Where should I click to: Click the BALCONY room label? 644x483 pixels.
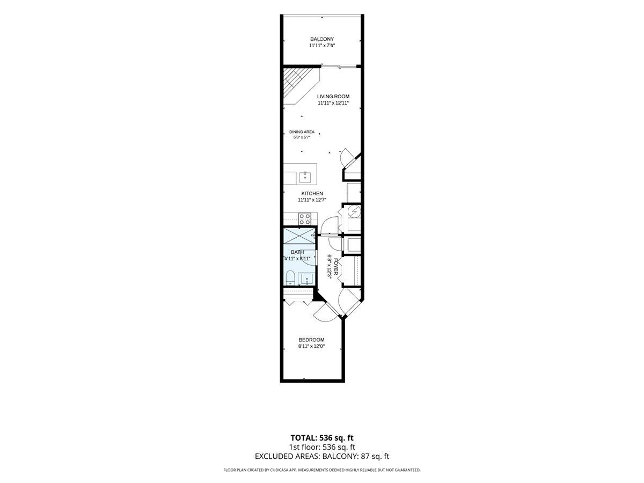[322, 39]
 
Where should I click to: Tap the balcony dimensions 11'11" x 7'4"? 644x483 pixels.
[322, 46]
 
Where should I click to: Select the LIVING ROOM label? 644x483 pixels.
[333, 97]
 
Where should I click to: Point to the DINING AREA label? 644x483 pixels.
[302, 132]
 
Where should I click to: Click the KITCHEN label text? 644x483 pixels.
[312, 194]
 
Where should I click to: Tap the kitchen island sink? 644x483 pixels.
[305, 177]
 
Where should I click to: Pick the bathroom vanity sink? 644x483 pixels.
[306, 279]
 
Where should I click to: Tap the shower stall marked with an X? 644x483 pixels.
[299, 236]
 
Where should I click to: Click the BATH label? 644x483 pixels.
[297, 252]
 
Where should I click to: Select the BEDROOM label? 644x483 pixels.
[311, 340]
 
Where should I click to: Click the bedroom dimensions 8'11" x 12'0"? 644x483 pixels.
[311, 346]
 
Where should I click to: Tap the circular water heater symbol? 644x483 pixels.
[355, 210]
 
